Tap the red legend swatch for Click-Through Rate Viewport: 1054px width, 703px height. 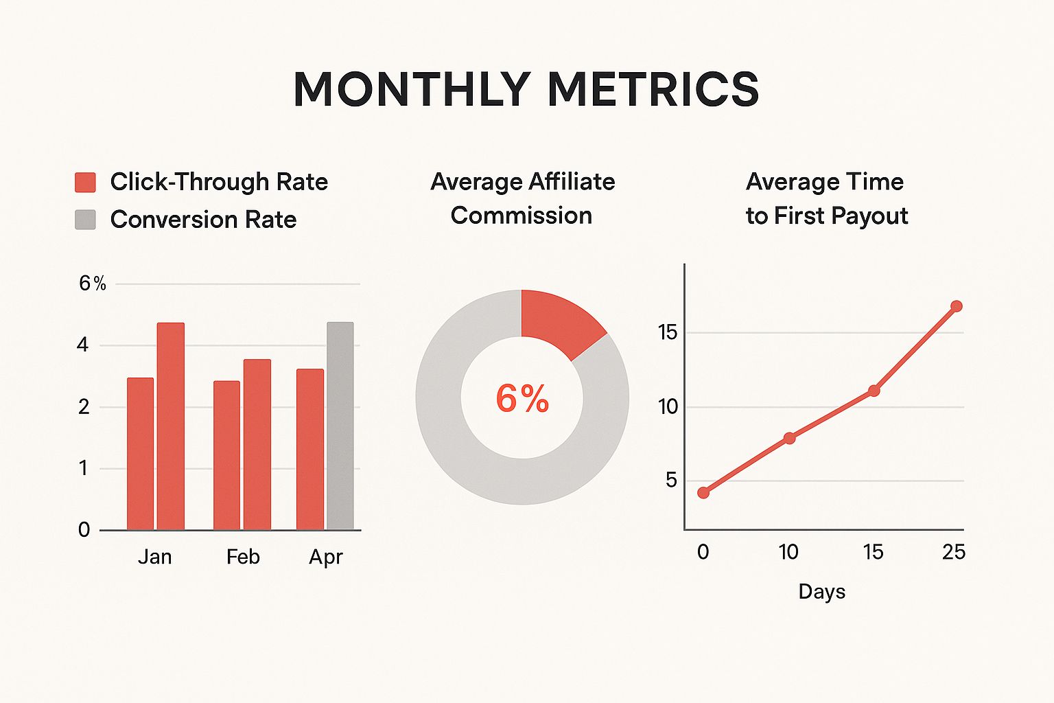(x=85, y=182)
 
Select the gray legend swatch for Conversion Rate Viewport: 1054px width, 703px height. (x=85, y=220)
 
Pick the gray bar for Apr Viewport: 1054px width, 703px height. (x=340, y=426)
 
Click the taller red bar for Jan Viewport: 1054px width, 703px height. (x=171, y=426)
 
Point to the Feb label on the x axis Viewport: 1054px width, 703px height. (x=243, y=557)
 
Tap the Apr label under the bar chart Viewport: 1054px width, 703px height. (x=325, y=557)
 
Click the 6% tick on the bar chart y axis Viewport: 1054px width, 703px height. (x=92, y=284)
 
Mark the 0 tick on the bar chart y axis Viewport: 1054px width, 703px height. (x=84, y=529)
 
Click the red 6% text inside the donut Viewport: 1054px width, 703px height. (x=522, y=399)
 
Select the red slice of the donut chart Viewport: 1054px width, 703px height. (x=558, y=320)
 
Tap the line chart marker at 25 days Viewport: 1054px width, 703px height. (x=956, y=306)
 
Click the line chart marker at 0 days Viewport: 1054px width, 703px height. (x=703, y=493)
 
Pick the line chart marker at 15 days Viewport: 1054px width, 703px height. (x=874, y=391)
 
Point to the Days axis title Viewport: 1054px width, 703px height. (x=821, y=592)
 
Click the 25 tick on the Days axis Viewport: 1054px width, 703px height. (x=954, y=552)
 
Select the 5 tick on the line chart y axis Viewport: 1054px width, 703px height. (x=671, y=481)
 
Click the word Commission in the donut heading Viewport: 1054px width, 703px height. (x=522, y=216)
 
